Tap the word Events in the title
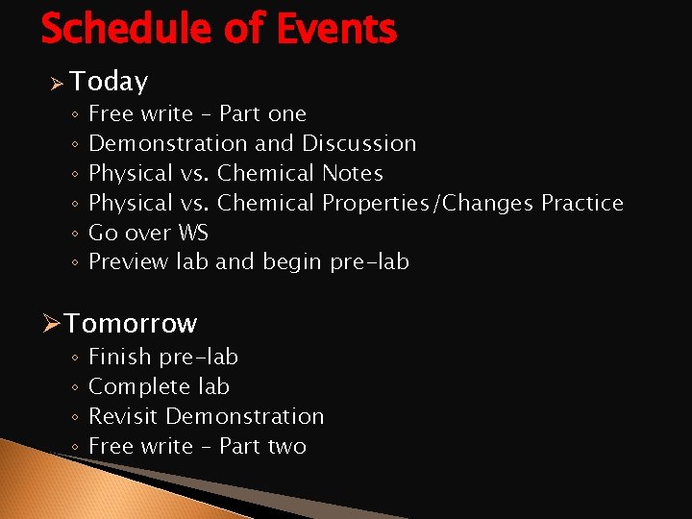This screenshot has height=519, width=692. pyautogui.click(x=335, y=29)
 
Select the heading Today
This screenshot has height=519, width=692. pyautogui.click(x=109, y=82)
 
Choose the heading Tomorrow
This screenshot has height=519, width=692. pyautogui.click(x=131, y=323)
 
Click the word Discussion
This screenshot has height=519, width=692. pyautogui.click(x=359, y=143)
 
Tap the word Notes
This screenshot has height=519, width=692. pyautogui.click(x=353, y=173)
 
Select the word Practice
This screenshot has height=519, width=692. pyautogui.click(x=582, y=203)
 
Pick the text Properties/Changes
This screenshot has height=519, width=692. pyautogui.click(x=429, y=203)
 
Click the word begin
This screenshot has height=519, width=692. pyautogui.click(x=291, y=262)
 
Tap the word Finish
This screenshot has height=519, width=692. pyautogui.click(x=120, y=357)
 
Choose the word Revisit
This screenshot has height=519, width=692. pyautogui.click(x=124, y=416)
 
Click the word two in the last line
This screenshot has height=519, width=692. pyautogui.click(x=286, y=446)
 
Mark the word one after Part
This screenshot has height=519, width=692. pyautogui.click(x=286, y=113)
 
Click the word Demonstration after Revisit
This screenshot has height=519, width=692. pyautogui.click(x=245, y=416)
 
